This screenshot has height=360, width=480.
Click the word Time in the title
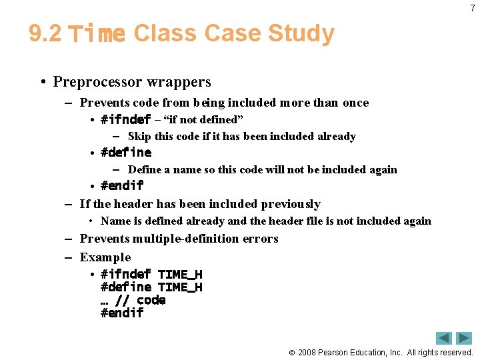[97, 33]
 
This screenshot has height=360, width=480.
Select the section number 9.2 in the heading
[45, 33]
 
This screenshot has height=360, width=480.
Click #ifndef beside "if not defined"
[125, 120]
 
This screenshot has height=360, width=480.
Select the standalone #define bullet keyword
[125, 152]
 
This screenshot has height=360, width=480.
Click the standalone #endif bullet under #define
[121, 185]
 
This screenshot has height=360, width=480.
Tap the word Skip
[139, 137]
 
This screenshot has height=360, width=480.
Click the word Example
[105, 257]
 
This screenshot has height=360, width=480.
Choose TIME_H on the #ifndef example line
[180, 275]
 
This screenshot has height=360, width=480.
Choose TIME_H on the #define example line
[180, 287]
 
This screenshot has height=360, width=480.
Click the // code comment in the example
[140, 300]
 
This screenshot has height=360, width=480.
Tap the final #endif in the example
[121, 313]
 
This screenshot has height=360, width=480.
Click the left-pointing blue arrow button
[444, 338]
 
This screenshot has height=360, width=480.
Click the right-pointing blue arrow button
[464, 338]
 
